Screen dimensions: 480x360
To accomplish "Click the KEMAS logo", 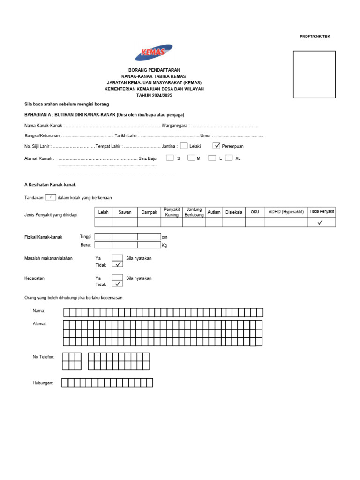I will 154,52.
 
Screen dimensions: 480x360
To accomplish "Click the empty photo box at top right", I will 314,74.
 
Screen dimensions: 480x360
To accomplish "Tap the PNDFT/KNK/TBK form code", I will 315,37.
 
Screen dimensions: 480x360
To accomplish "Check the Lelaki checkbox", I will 184,146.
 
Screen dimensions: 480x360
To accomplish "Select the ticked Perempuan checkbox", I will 217,146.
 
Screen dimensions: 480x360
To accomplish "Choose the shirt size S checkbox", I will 170,158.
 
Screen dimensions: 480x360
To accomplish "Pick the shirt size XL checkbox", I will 229,158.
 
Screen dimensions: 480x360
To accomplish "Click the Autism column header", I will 214,212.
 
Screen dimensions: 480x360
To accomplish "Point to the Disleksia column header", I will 234,212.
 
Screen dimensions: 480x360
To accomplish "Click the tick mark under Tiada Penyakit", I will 320,223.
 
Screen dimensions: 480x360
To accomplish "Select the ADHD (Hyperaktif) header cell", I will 286,212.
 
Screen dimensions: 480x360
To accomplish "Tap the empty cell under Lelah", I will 104,223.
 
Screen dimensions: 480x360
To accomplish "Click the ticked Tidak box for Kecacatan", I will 118,284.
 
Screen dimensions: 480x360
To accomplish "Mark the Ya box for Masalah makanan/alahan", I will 118,257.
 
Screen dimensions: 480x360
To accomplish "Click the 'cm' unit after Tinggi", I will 164,237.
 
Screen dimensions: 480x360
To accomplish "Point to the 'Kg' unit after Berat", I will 164,245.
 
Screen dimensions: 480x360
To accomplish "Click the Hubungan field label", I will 43,383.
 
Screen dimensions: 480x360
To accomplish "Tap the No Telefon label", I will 44,357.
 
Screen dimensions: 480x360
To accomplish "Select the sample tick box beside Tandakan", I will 51,197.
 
